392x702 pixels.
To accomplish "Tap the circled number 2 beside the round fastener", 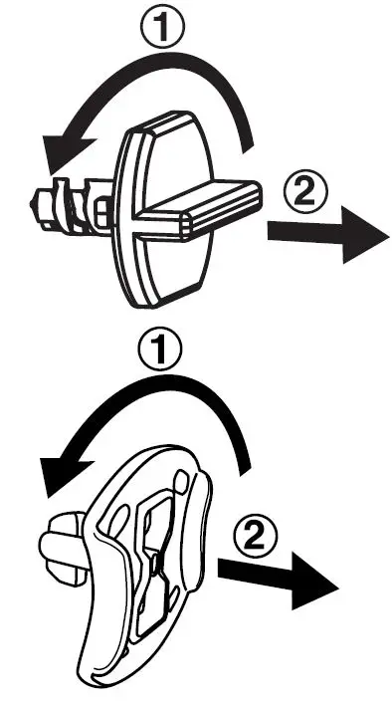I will point(304,189).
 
